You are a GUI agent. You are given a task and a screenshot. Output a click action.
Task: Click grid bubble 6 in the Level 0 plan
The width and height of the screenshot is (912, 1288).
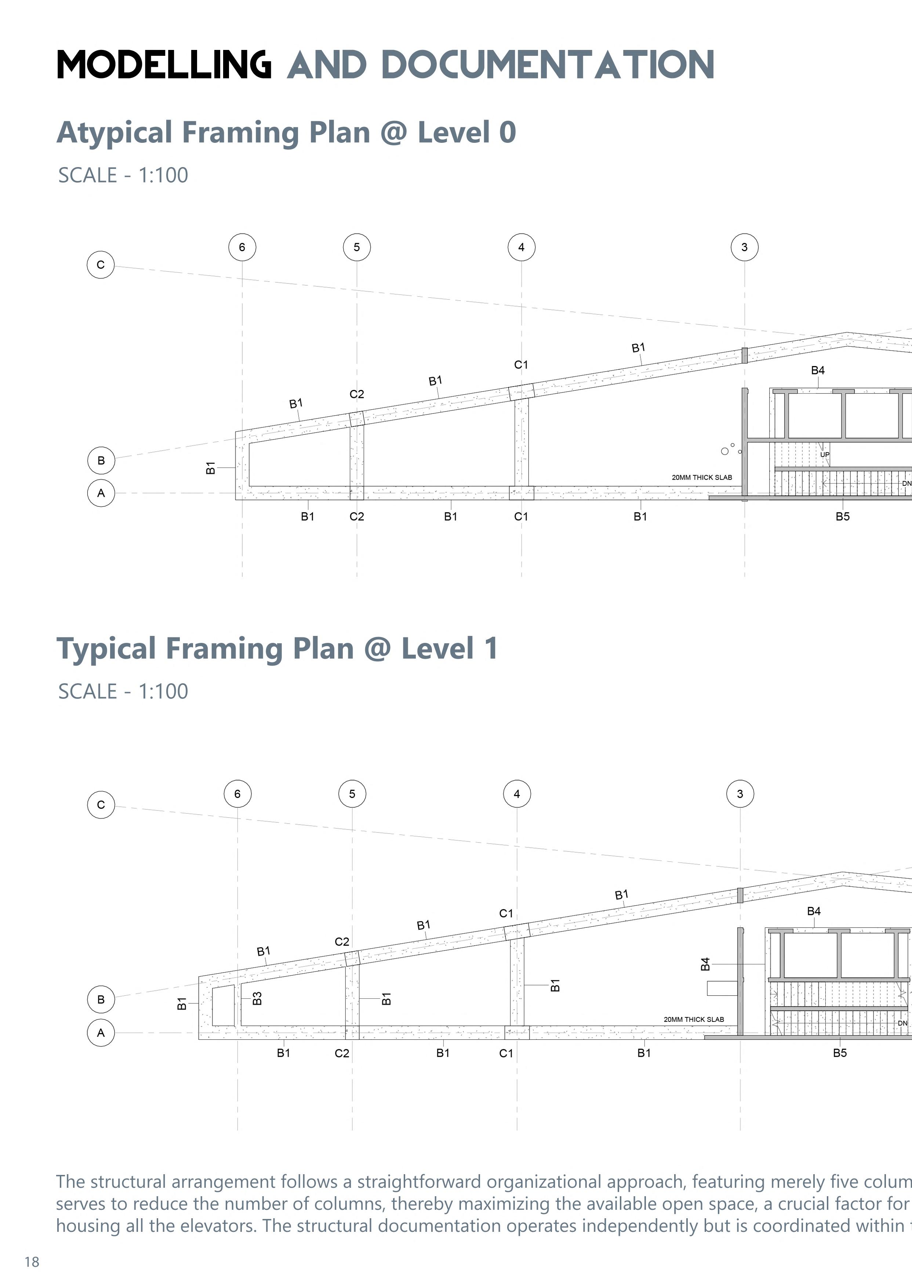(242, 247)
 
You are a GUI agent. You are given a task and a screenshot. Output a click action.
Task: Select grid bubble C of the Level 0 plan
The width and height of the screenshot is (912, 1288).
(101, 265)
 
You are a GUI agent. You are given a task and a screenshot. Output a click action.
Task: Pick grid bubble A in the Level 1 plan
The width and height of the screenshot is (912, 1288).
(101, 1032)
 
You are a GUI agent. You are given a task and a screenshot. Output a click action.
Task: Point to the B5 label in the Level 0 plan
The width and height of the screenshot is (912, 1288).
(842, 516)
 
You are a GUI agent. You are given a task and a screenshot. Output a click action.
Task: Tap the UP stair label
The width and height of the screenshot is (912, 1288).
(824, 455)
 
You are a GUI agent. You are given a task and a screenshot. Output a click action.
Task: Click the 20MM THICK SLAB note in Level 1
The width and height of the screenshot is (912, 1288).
(694, 1019)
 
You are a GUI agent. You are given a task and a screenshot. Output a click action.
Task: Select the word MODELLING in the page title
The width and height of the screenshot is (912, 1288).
(164, 65)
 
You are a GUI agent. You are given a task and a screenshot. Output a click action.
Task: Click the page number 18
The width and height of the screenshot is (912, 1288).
(32, 1262)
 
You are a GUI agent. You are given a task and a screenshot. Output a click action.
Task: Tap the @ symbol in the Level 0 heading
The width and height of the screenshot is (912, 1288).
(394, 133)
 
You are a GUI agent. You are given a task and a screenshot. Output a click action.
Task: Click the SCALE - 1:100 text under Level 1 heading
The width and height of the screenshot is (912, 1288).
(123, 691)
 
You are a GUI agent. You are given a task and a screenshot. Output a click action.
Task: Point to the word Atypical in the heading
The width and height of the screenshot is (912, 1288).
(115, 133)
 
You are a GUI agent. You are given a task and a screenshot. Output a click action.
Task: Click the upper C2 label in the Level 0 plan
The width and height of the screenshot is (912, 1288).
(357, 394)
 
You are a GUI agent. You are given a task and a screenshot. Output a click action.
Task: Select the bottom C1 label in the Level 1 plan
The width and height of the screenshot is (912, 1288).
(506, 1053)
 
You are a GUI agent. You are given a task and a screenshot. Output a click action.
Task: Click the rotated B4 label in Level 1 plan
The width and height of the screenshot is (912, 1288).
(705, 964)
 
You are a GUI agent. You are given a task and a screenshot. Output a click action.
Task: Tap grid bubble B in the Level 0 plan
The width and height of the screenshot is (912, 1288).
(101, 460)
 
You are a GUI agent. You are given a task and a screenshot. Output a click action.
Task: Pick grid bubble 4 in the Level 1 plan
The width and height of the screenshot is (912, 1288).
(517, 794)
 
